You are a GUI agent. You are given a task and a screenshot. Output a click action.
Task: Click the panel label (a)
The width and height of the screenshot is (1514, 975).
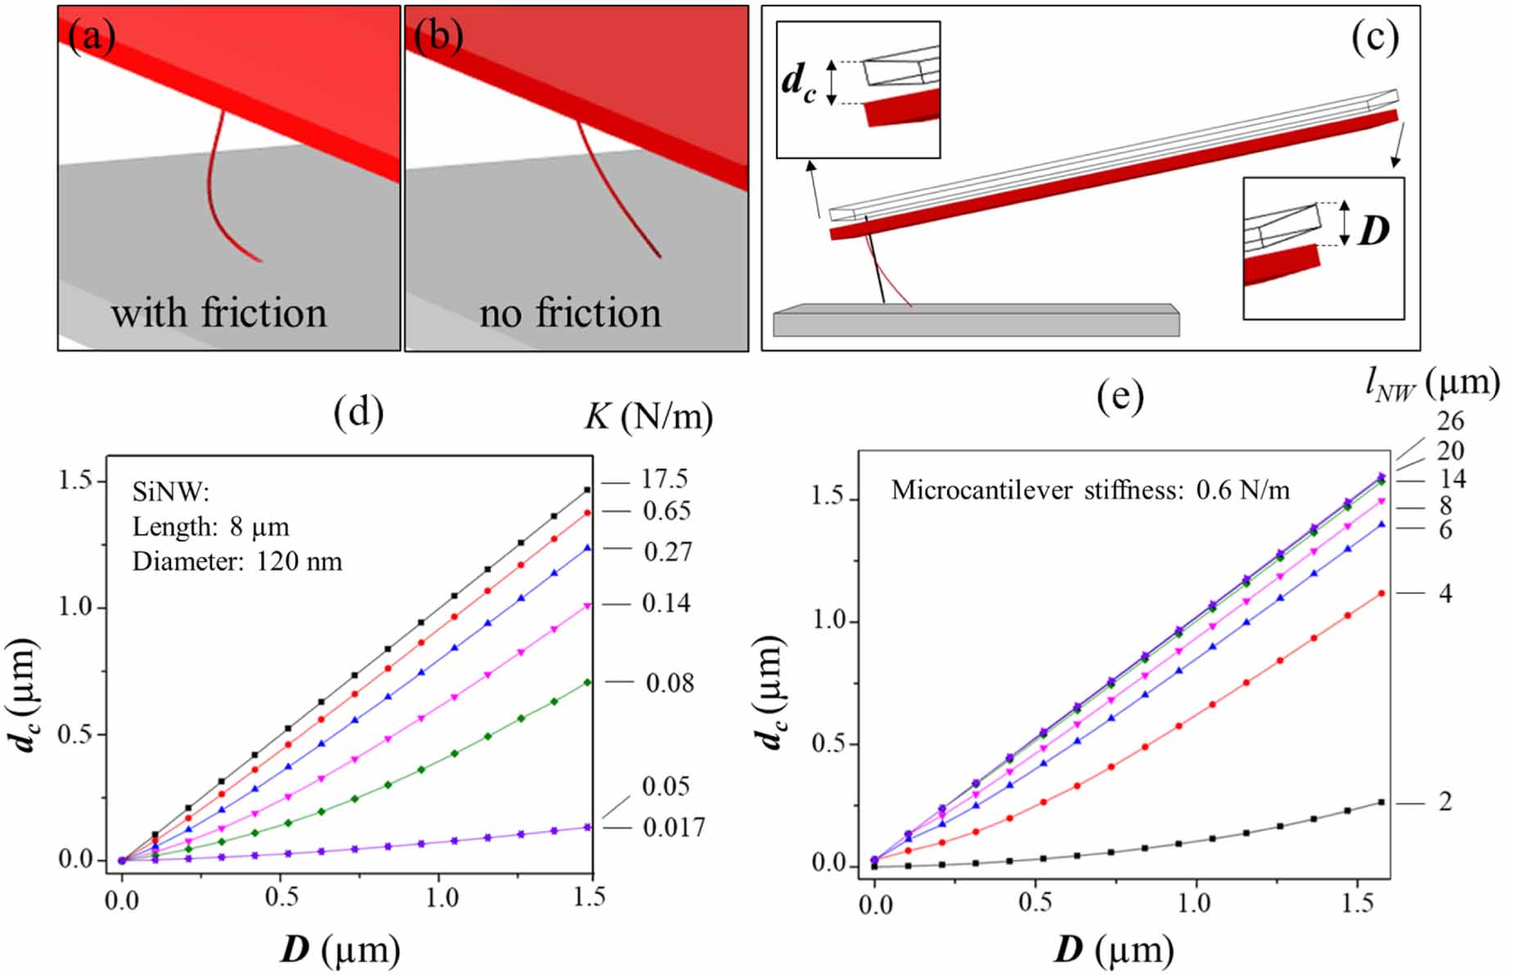pyautogui.click(x=92, y=37)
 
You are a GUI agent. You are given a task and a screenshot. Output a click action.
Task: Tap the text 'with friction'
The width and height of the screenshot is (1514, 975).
pyautogui.click(x=219, y=312)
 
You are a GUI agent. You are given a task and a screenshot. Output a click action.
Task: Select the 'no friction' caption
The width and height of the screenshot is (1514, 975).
pyautogui.click(x=570, y=312)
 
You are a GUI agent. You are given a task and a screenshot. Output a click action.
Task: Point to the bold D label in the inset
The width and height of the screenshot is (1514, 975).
pyautogui.click(x=1374, y=231)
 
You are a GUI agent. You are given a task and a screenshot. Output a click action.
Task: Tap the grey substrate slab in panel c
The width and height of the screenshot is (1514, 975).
pyautogui.click(x=976, y=321)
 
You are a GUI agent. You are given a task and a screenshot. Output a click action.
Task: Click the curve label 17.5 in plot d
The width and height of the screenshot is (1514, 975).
pyautogui.click(x=665, y=479)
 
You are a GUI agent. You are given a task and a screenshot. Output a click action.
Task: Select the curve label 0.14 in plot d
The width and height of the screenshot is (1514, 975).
pyautogui.click(x=665, y=604)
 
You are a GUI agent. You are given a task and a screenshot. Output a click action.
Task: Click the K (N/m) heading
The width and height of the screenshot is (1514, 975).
pyautogui.click(x=649, y=417)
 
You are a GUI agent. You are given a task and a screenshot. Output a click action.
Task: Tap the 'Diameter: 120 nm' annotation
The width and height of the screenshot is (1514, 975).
pyautogui.click(x=237, y=562)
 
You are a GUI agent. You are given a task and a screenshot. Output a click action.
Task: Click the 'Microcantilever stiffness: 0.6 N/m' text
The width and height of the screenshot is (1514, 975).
pyautogui.click(x=1090, y=491)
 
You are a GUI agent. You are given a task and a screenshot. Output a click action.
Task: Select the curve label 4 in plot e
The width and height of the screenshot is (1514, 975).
pyautogui.click(x=1445, y=593)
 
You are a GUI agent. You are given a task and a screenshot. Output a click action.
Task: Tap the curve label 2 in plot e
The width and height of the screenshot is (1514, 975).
pyautogui.click(x=1445, y=802)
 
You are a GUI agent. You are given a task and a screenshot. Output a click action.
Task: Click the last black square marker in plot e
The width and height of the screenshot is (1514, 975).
pyautogui.click(x=1381, y=802)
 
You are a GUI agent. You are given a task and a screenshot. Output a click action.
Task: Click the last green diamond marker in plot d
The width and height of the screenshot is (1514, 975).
pyautogui.click(x=587, y=682)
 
